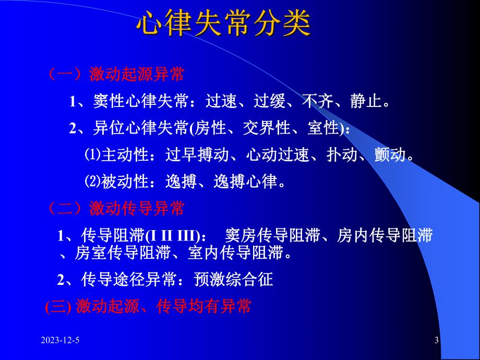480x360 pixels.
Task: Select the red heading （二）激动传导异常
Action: coord(116,209)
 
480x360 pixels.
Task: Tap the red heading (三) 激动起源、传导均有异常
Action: coord(148,306)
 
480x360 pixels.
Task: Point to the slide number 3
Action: coord(437,341)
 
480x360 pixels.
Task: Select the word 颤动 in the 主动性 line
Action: coord(389,155)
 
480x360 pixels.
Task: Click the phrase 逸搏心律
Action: coord(249,182)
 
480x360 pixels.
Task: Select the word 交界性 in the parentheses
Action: coord(267,128)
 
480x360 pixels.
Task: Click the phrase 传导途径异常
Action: coord(127,280)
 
